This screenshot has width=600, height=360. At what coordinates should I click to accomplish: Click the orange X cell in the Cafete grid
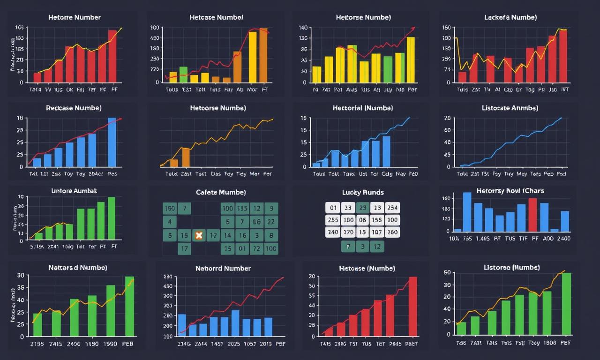click(x=198, y=235)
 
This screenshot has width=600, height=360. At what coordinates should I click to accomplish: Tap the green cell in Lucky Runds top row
click(x=362, y=208)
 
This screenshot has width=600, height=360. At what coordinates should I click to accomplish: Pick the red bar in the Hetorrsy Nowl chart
click(x=532, y=215)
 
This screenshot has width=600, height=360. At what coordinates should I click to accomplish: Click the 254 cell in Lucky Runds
click(x=392, y=208)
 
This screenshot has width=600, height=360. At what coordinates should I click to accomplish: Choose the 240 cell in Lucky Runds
click(x=333, y=232)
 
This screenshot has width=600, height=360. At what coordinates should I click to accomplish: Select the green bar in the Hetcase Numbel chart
click(x=183, y=74)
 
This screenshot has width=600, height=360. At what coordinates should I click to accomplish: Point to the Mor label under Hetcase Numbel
click(x=252, y=89)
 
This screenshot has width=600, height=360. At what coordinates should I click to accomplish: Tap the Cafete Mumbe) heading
click(x=220, y=192)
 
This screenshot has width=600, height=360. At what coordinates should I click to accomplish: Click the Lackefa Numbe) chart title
click(x=510, y=17)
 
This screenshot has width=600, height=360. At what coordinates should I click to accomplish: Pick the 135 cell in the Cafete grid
click(x=242, y=208)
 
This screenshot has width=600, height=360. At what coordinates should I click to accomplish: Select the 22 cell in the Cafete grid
click(x=270, y=222)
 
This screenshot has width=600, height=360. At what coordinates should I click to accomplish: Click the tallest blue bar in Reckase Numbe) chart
click(x=112, y=142)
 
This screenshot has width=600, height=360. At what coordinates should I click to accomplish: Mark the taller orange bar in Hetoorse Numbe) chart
click(x=186, y=157)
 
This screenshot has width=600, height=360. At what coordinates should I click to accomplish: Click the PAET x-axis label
click(x=411, y=343)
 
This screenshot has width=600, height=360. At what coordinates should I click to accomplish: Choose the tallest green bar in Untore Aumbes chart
click(x=112, y=218)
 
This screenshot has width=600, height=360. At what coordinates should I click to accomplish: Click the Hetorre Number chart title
click(x=74, y=17)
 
